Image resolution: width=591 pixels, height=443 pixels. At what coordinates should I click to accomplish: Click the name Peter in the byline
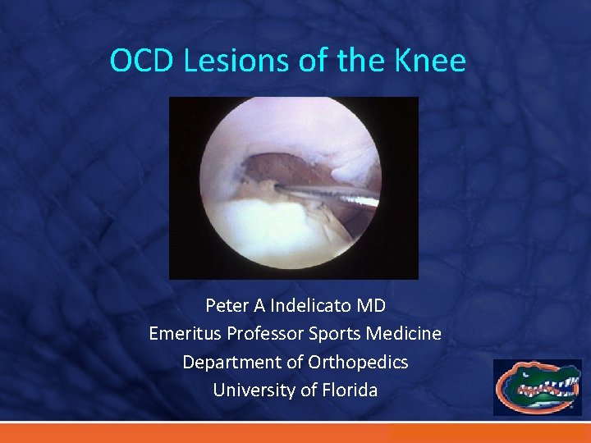click(224, 306)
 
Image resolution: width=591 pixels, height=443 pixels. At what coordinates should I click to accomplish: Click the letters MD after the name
click(371, 306)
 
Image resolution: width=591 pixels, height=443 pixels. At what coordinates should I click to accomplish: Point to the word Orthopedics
click(358, 362)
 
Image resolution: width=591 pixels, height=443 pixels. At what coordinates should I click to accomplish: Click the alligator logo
click(538, 386)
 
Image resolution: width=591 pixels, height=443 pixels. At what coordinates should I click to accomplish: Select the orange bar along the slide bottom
click(295, 433)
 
